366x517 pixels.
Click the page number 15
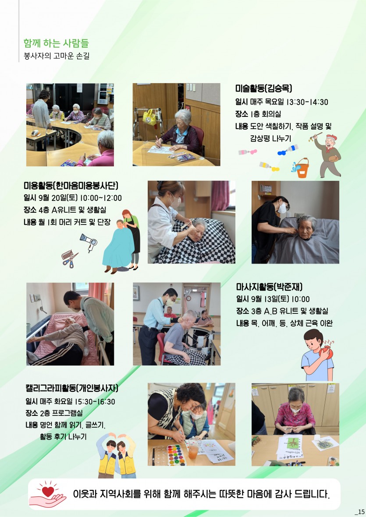[x=359, y=511]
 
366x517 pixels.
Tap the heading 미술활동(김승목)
[x=263, y=88]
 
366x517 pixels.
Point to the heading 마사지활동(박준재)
[x=269, y=287]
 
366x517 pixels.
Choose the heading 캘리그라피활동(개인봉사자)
[x=71, y=388]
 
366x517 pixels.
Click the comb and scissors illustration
[x=70, y=258]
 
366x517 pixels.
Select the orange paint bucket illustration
[x=301, y=168]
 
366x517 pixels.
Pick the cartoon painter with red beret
[x=328, y=155]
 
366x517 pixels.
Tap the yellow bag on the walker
[x=149, y=117]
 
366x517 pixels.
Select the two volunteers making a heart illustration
[x=116, y=455]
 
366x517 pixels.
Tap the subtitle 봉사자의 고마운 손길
[x=57, y=56]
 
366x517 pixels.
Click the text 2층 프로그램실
[x=60, y=413]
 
